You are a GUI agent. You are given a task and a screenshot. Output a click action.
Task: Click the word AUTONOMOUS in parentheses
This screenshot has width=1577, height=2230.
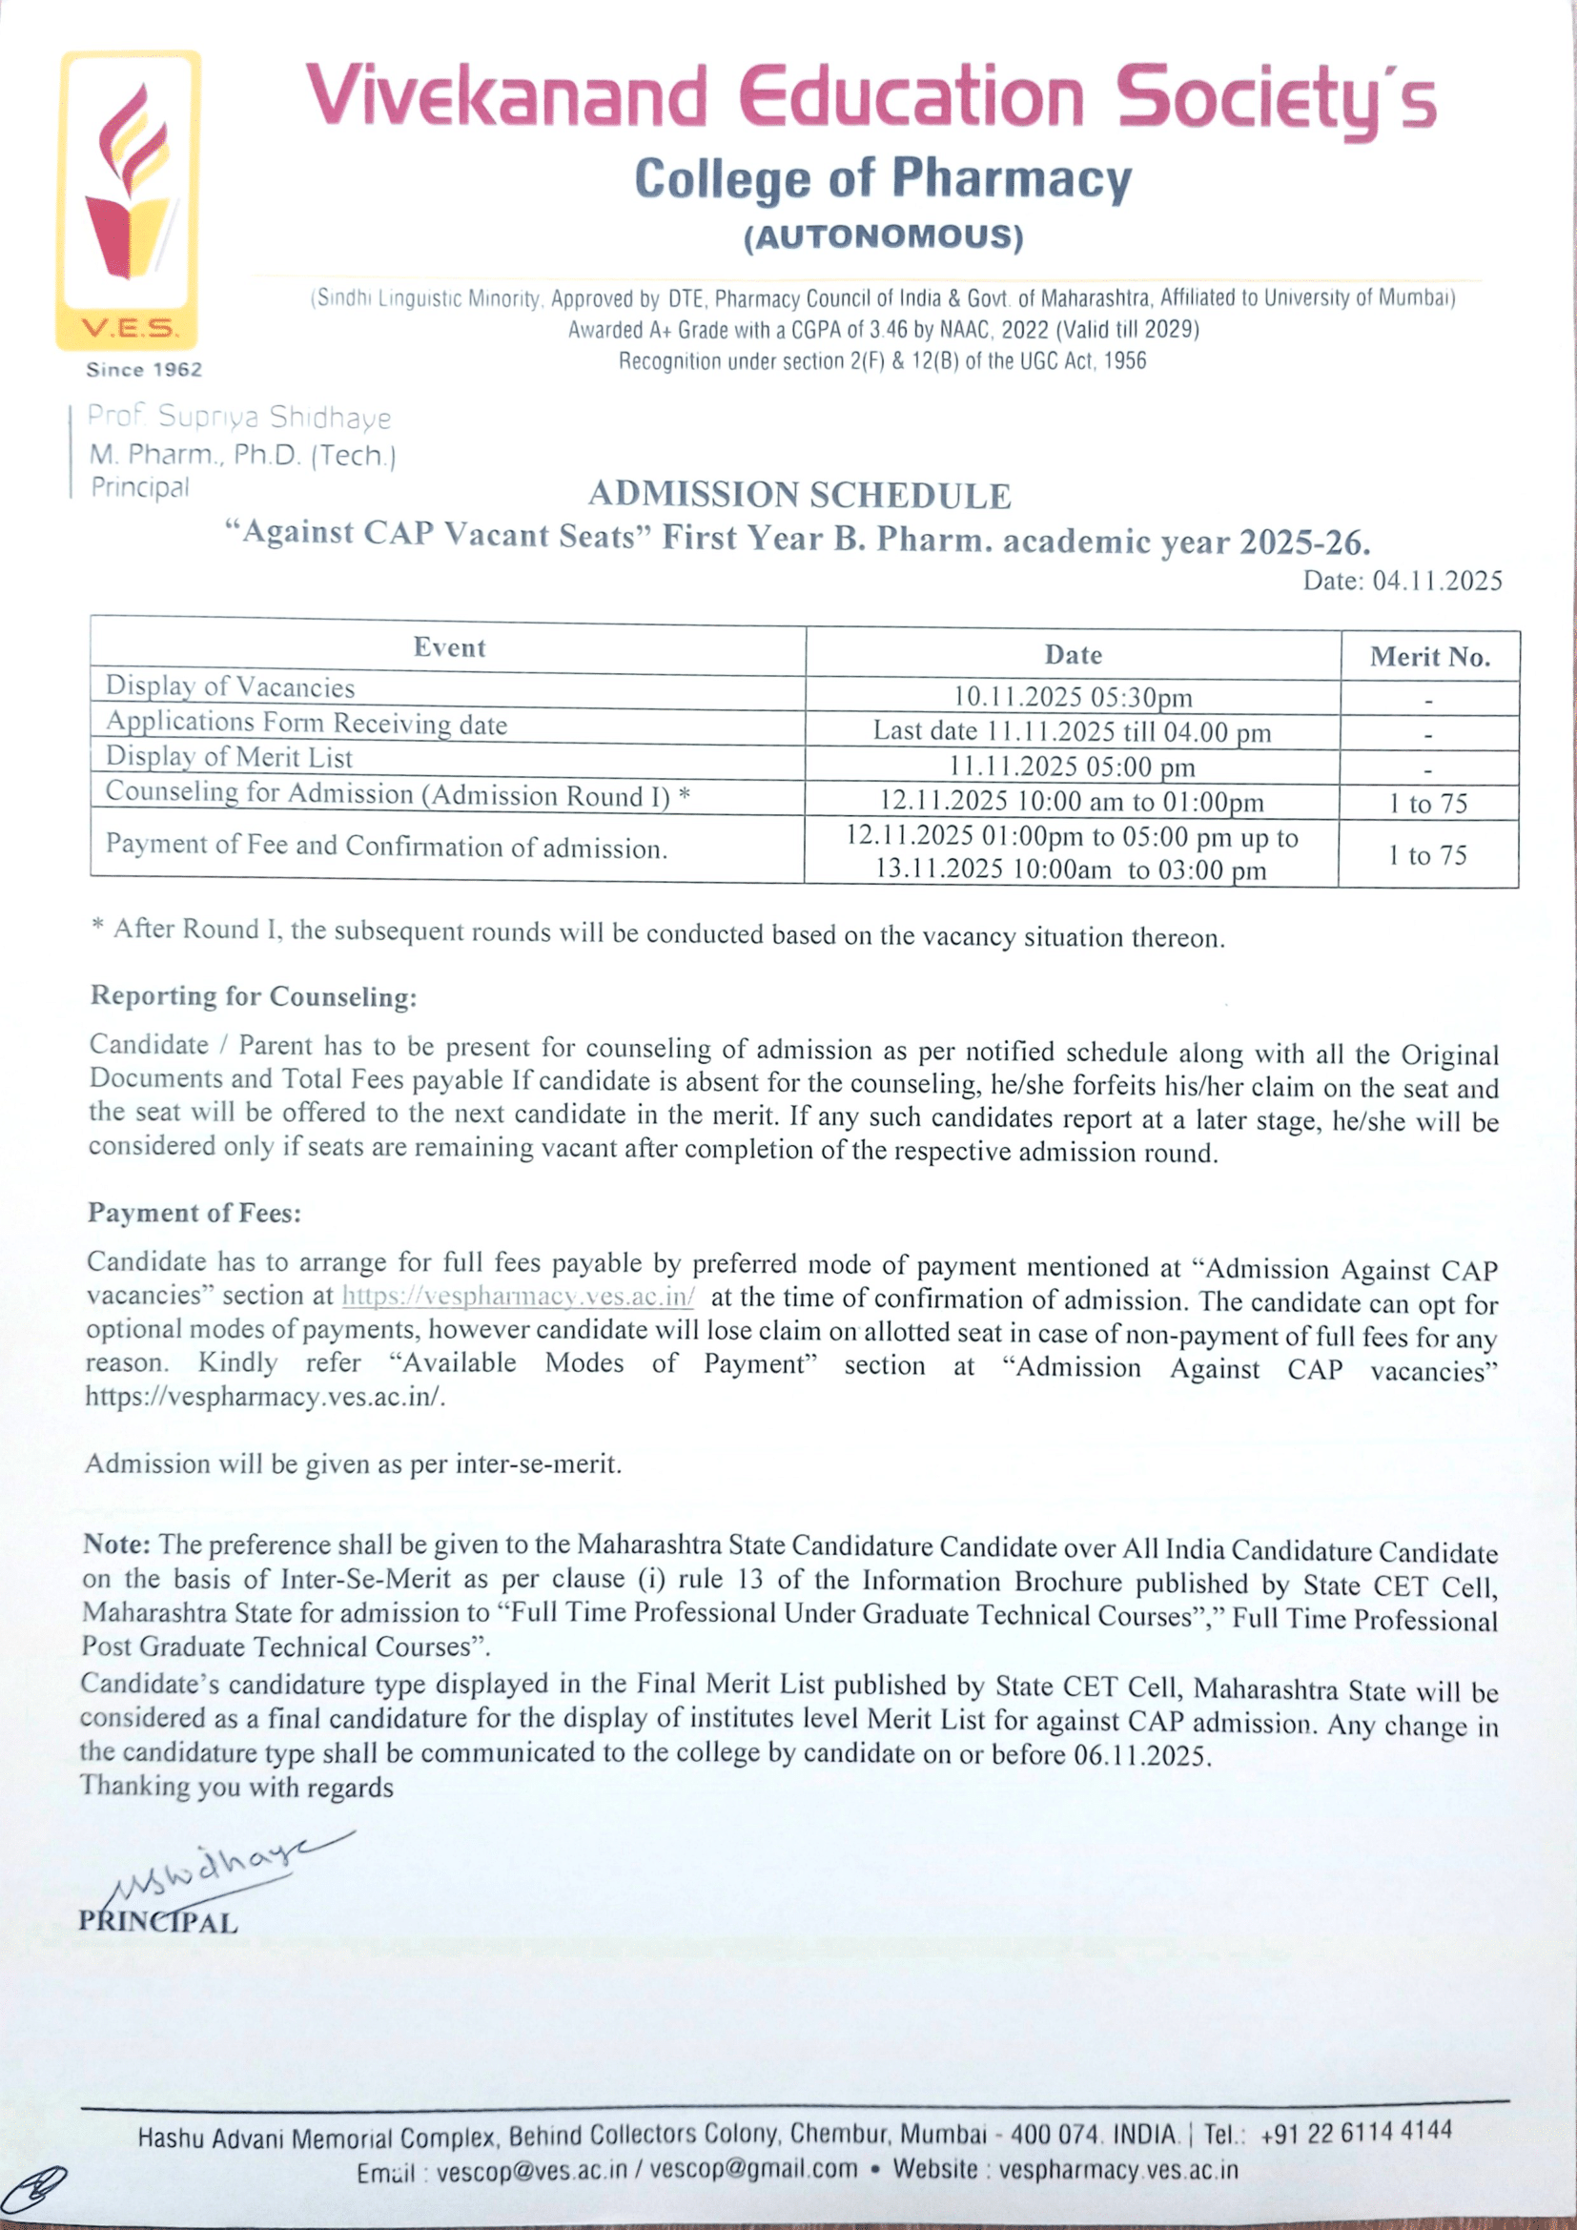pos(884,237)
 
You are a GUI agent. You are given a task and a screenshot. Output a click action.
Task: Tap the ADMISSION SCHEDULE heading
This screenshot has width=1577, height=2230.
pos(799,496)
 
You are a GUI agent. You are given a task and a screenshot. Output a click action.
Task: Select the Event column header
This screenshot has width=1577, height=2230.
pos(449,647)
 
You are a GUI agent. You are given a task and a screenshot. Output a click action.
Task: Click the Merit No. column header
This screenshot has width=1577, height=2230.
pos(1429,658)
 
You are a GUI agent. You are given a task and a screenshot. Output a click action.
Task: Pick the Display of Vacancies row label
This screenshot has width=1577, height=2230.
pos(230,686)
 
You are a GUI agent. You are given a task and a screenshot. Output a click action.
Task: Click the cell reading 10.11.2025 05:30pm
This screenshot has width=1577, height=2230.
pos(1072,697)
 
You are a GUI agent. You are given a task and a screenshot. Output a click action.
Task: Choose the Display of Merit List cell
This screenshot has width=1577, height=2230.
pos(229,758)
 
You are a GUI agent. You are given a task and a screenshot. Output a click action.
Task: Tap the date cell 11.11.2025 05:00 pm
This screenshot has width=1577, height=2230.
pos(1072,767)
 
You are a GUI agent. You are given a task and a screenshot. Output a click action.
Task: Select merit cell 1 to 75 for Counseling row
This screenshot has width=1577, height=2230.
pos(1427,803)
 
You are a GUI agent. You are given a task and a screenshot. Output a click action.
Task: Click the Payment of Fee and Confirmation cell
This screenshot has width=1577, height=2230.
pos(386,846)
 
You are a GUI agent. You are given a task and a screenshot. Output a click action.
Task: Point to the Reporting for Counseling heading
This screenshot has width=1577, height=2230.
pos(254,996)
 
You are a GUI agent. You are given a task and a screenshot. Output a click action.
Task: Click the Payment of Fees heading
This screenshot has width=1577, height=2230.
pos(195,1213)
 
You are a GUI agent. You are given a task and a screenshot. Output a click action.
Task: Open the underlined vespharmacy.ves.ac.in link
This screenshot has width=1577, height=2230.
pos(519,1297)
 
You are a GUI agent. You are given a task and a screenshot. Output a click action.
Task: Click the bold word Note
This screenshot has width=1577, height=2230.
pos(115,1545)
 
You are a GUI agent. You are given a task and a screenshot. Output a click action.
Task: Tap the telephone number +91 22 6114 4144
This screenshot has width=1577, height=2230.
pos(1356,2132)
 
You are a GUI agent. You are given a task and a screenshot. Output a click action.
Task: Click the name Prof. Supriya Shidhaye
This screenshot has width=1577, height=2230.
pos(240,417)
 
